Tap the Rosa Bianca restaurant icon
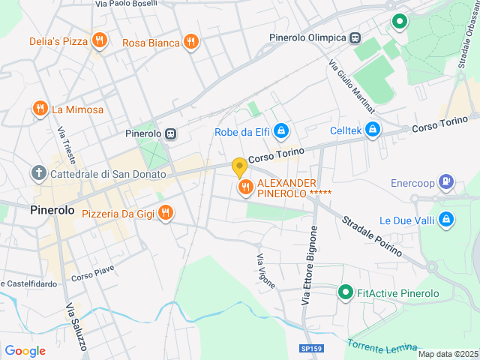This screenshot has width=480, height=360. click(x=190, y=42)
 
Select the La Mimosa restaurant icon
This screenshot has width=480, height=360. click(x=40, y=109)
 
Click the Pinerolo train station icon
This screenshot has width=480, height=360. click(x=172, y=133)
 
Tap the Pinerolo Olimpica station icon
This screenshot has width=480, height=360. click(x=355, y=37)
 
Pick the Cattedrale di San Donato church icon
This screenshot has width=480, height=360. click(x=39, y=173)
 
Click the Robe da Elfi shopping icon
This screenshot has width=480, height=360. click(x=280, y=132)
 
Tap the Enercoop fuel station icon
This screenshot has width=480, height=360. click(x=446, y=181)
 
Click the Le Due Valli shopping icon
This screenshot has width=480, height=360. click(x=446, y=220)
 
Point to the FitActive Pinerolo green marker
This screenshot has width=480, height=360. click(x=345, y=292)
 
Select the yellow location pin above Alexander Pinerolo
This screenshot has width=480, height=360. click(x=239, y=166)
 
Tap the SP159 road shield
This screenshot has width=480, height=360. click(x=310, y=349)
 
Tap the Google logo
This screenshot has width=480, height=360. click(x=25, y=351)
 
